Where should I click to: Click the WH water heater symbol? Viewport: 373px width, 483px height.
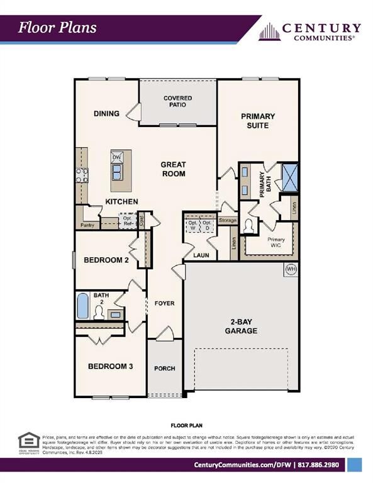(x=291, y=269)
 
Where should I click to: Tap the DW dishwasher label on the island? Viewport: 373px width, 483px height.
(x=116, y=158)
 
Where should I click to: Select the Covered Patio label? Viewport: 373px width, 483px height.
(x=177, y=102)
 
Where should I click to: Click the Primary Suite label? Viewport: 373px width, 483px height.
(x=258, y=121)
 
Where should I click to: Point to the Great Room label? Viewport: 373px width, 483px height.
(x=174, y=169)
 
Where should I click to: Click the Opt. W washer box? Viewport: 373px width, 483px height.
(x=192, y=225)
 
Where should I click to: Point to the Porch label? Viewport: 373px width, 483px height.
(x=164, y=369)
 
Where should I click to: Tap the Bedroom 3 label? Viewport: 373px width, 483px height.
(x=110, y=367)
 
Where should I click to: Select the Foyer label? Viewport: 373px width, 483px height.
(x=164, y=303)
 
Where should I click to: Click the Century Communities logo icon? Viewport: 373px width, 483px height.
(x=269, y=31)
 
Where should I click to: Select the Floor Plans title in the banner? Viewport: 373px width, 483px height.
(x=57, y=27)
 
